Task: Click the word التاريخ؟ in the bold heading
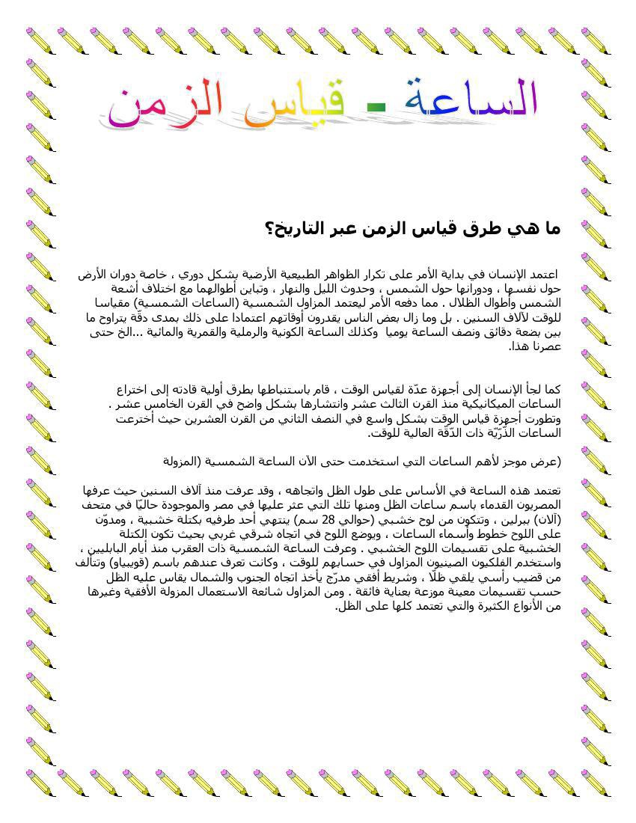point(293,229)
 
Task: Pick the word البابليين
point(103,548)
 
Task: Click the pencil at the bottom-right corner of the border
point(596,782)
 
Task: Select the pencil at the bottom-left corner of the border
point(40,782)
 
